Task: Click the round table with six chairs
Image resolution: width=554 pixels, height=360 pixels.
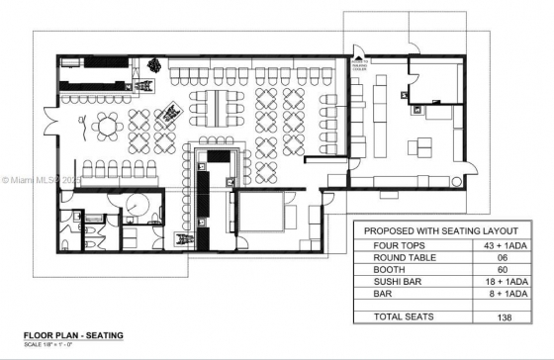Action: [x=108, y=127]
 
